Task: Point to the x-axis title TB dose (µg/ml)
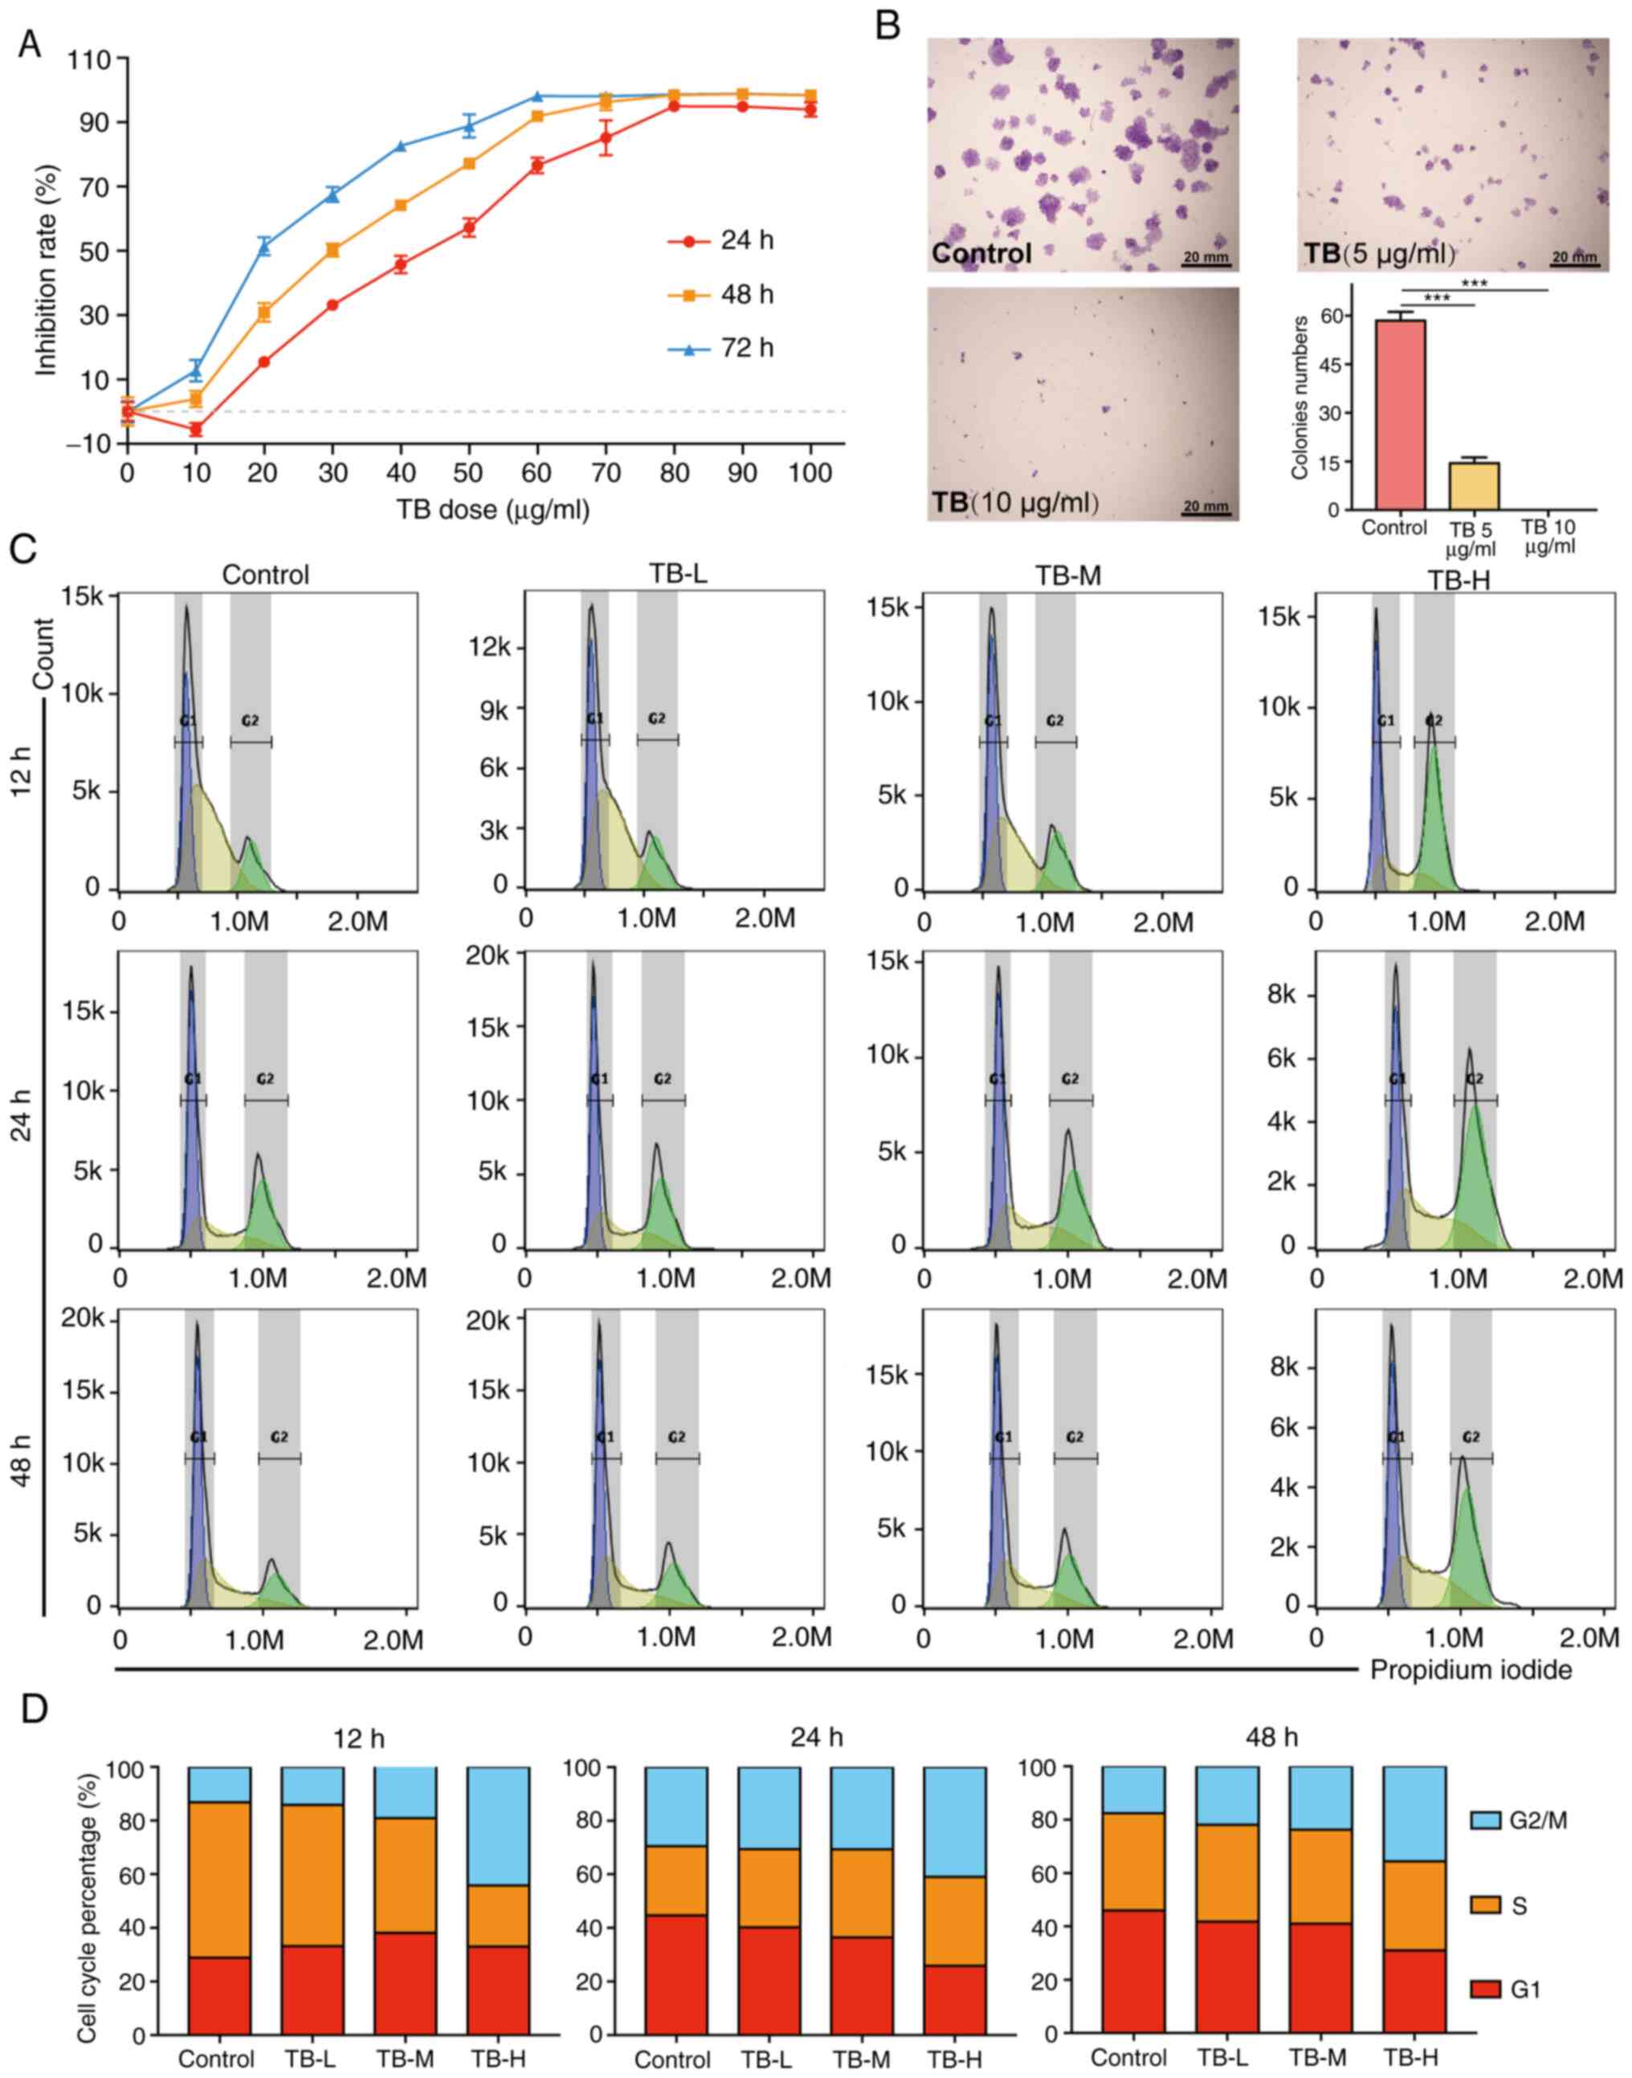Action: pyautogui.click(x=493, y=509)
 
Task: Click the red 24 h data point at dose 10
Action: pyautogui.click(x=196, y=429)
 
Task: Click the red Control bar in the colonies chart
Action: pyautogui.click(x=1400, y=414)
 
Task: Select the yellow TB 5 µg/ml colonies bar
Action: pyautogui.click(x=1474, y=485)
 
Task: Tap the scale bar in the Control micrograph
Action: pyautogui.click(x=1206, y=263)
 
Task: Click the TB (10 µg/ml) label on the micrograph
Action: pyautogui.click(x=1014, y=501)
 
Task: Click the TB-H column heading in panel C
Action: pyautogui.click(x=1459, y=580)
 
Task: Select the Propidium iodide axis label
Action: pyautogui.click(x=1471, y=1670)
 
